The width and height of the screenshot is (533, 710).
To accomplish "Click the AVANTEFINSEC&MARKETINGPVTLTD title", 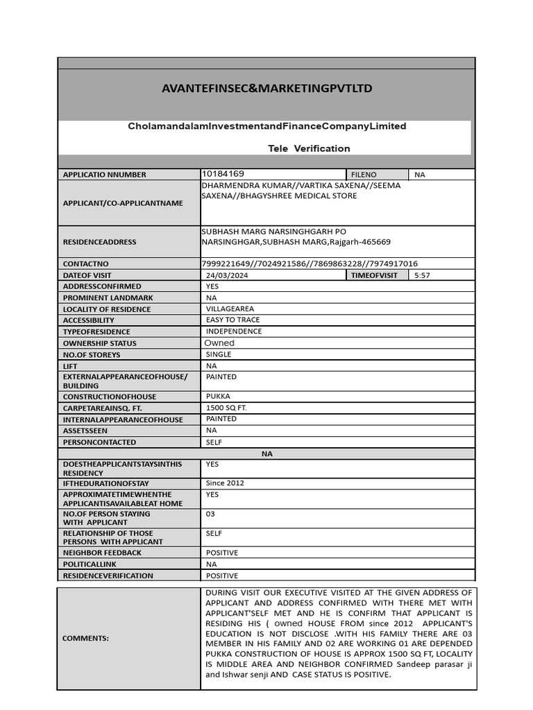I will pos(267,89).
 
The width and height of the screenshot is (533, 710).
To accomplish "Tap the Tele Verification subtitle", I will pos(309,148).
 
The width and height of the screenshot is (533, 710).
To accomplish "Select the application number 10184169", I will pos(223,173).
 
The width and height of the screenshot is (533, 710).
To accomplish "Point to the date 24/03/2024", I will pos(226,275).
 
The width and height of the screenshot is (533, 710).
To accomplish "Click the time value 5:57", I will pos(422,275).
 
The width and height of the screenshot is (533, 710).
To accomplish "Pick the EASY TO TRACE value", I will pos(232,320).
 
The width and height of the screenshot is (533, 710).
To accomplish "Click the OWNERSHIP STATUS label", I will pos(100,343).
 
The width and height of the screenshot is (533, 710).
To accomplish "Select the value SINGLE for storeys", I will pos(219,354).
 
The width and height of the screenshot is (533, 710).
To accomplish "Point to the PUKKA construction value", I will pos(218,397).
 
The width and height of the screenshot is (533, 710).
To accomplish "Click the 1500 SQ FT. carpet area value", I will pos(226,408).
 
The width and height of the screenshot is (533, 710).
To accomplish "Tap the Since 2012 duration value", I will pos(225,483).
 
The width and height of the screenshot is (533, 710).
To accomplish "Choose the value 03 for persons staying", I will pos(211,514).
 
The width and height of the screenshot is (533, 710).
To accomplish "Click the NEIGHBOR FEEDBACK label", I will pos(102,553).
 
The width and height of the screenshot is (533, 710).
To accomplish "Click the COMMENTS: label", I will pos(85,638).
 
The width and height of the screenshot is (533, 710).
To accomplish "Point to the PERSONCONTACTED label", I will pos(99,442).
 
